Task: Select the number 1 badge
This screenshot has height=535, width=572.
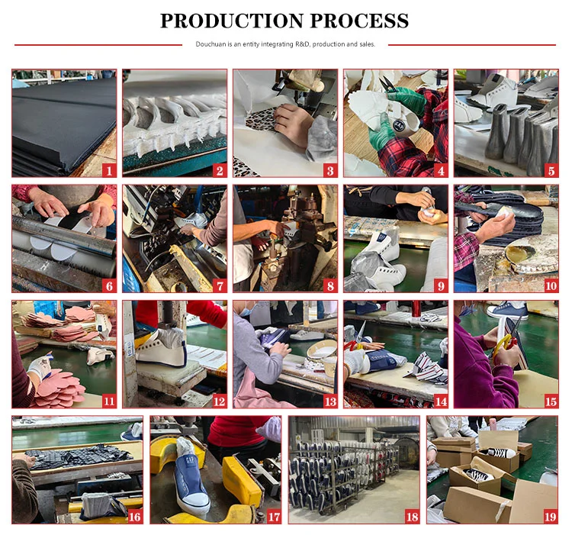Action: click(x=109, y=170)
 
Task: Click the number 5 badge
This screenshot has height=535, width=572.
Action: click(x=551, y=170)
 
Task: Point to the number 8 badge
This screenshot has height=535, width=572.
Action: click(x=330, y=285)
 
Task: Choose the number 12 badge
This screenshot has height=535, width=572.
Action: click(x=219, y=401)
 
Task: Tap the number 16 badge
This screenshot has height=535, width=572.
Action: click(x=135, y=517)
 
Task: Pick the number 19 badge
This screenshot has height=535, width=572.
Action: click(x=551, y=517)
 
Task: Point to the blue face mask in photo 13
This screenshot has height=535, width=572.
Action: click(x=244, y=311)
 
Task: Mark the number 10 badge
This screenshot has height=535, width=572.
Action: click(x=551, y=285)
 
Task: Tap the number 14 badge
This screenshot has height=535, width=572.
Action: click(x=441, y=401)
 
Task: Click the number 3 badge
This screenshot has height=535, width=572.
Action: click(x=330, y=170)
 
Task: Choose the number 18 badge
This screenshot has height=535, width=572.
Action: click(x=412, y=517)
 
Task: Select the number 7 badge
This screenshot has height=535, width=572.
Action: click(x=220, y=285)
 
